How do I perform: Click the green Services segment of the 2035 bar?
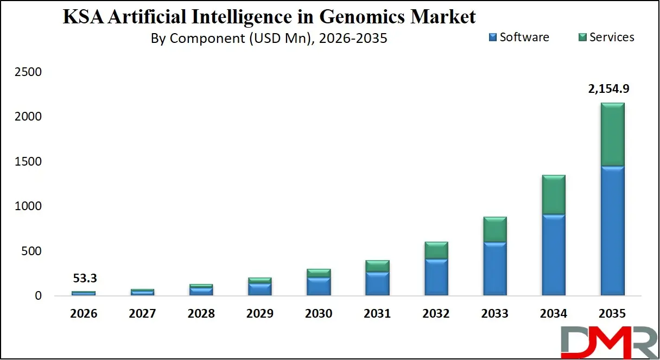click(612, 134)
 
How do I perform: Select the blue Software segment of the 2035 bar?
click(612, 231)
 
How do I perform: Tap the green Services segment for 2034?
click(553, 194)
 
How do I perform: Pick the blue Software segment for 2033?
click(494, 268)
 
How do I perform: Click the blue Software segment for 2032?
click(436, 277)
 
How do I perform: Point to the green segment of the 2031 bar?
click(377, 266)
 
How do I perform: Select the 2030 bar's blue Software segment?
click(319, 286)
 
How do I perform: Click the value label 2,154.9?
click(612, 89)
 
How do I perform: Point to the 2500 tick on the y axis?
click(31, 72)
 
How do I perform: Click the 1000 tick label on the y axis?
click(31, 206)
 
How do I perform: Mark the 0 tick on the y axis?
click(38, 296)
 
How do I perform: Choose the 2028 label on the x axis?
click(201, 314)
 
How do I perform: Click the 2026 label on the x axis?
click(84, 314)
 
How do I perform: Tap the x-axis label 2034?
click(553, 314)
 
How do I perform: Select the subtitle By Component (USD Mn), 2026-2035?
click(269, 39)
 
